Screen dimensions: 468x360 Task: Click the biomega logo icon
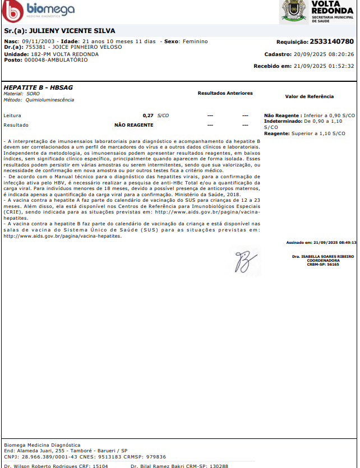coord(13,10)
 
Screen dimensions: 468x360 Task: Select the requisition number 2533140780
coord(331,42)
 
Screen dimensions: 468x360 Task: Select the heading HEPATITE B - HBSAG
coord(38,88)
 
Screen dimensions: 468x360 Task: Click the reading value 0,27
coord(148,115)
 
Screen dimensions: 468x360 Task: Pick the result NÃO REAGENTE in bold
coord(133,125)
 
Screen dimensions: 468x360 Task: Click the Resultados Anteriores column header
coord(225,93)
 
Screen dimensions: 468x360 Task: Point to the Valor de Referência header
coord(309,96)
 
